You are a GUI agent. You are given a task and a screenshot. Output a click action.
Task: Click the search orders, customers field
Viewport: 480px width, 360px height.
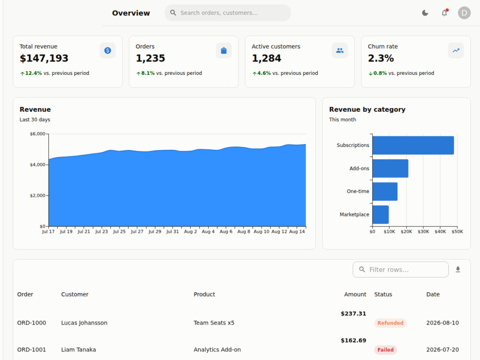[228, 13]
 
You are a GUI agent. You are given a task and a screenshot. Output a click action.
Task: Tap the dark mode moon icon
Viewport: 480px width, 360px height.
[425, 13]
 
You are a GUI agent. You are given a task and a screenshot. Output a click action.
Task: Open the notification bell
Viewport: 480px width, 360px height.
[444, 12]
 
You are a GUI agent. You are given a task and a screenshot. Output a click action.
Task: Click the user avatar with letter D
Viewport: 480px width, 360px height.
[464, 13]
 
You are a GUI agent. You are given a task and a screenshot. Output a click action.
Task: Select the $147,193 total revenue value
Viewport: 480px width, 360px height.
[44, 58]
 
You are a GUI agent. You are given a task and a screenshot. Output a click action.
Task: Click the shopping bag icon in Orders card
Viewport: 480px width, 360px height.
[224, 50]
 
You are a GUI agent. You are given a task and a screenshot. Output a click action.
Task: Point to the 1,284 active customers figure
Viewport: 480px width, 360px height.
[266, 58]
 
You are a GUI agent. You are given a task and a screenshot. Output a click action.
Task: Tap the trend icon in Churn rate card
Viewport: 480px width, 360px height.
[456, 50]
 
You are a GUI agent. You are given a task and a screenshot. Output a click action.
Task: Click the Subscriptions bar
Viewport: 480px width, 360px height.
[413, 145]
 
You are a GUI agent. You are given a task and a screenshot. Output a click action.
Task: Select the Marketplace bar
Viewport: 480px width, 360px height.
[381, 215]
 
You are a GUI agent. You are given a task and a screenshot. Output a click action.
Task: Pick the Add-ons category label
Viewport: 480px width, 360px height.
[359, 168]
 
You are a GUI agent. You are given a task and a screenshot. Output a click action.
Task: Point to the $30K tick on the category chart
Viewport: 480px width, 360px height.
[423, 232]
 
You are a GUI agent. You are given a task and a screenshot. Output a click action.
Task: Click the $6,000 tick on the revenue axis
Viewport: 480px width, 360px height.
[37, 134]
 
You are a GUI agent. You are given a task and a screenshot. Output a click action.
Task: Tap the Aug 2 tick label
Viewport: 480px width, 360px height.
[191, 232]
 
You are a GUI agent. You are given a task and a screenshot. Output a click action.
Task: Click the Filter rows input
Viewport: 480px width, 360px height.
[400, 269]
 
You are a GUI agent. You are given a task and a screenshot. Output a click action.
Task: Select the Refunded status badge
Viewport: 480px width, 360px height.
[390, 323]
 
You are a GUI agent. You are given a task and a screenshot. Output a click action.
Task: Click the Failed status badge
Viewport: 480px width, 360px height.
[385, 350]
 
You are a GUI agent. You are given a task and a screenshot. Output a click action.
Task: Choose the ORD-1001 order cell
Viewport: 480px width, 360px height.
[32, 349]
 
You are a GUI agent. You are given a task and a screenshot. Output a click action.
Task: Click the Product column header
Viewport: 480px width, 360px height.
[204, 294]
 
